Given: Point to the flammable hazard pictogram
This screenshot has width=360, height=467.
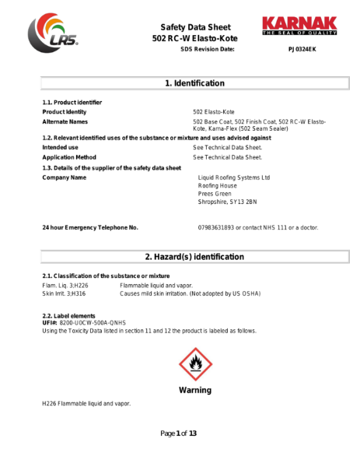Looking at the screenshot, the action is tap(195, 364).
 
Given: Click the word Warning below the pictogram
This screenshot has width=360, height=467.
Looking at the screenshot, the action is tap(195, 389).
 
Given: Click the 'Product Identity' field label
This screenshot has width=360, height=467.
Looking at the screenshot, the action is tap(65, 112).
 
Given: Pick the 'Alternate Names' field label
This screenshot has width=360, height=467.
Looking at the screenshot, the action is tap(65, 122).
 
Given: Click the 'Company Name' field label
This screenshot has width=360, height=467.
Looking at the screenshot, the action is tap(64, 177).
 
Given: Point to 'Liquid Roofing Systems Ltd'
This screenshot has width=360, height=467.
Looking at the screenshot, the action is tap(234, 177).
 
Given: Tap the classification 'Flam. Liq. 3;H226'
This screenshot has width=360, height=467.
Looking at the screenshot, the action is tap(65, 286).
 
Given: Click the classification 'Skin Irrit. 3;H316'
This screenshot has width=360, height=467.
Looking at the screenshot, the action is tap(65, 293).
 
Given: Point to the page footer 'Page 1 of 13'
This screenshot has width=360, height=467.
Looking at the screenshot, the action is tap(179, 433).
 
